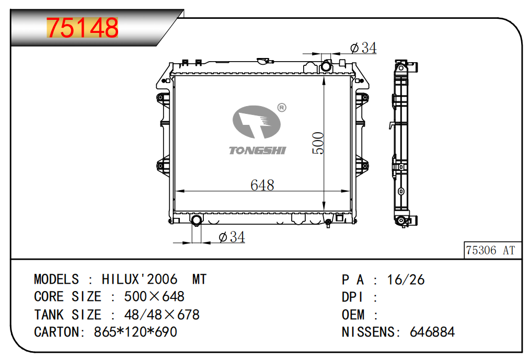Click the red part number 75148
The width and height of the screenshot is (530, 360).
pos(83,27)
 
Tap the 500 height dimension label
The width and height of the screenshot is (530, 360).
pos(318,143)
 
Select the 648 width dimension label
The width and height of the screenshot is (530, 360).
pos(262,185)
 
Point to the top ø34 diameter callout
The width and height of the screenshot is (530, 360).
pos(363,48)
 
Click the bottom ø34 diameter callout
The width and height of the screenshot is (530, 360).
pos(232,237)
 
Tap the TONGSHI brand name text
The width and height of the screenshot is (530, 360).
pos(258,150)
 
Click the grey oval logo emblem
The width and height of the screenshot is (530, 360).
pos(256,122)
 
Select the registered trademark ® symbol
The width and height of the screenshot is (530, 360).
pos(282,108)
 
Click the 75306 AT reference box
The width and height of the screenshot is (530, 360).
pos(492,250)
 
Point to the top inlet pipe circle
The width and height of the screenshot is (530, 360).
pos(326,66)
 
